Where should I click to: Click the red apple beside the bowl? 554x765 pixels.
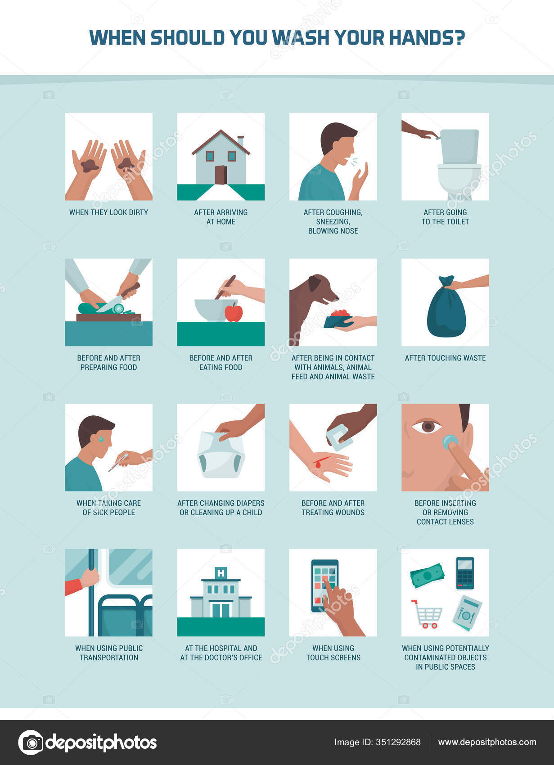[x=234, y=312]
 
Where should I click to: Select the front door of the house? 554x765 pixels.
[x=220, y=175]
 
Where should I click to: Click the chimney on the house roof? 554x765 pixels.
[x=241, y=141]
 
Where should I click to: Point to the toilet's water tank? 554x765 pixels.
[x=459, y=147]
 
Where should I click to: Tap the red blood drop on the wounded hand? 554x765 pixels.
[x=319, y=463]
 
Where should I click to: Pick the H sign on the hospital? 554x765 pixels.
[x=221, y=573]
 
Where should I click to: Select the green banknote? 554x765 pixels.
[x=427, y=576]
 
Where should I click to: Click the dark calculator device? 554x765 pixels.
[x=465, y=573]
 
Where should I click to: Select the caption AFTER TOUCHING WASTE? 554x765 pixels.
[x=445, y=358]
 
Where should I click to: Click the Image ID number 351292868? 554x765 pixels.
[x=398, y=742]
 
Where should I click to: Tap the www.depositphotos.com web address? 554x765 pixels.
[x=487, y=742]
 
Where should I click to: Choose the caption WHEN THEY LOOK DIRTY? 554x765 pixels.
[x=108, y=212]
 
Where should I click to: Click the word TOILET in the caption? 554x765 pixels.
[x=456, y=222]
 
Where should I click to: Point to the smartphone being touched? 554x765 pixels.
[x=324, y=585]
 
